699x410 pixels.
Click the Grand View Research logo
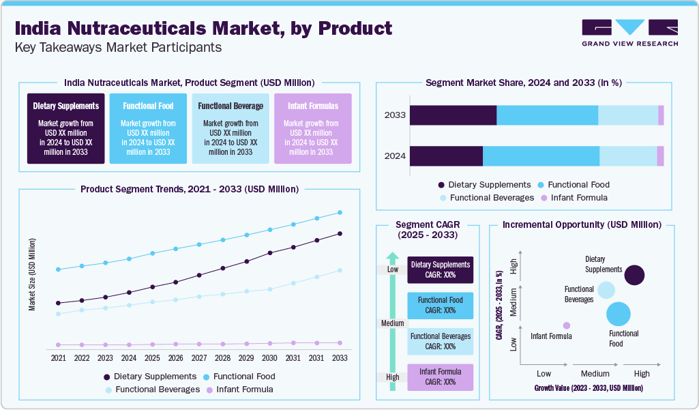coord(629,32)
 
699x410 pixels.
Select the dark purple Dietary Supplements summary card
coord(66,129)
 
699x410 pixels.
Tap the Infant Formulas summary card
coord(312,129)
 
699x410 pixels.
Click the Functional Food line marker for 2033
coord(340,213)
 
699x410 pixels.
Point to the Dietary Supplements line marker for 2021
coord(59,303)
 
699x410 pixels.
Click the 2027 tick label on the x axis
coord(198,358)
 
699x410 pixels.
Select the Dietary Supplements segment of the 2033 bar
coord(453,115)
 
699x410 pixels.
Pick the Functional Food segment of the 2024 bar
coord(541,156)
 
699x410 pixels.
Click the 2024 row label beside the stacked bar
coord(395,156)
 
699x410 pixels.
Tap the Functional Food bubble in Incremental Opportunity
coord(619,314)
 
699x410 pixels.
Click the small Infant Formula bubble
coord(567,325)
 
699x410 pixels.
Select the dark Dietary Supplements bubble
coord(634,275)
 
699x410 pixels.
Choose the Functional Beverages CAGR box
coord(440,341)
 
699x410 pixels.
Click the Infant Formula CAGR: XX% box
coord(440,377)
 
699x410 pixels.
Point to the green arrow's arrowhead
coord(392,258)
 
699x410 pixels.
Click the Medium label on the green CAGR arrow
coord(392,323)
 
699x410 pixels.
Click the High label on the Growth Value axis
coord(641,374)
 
